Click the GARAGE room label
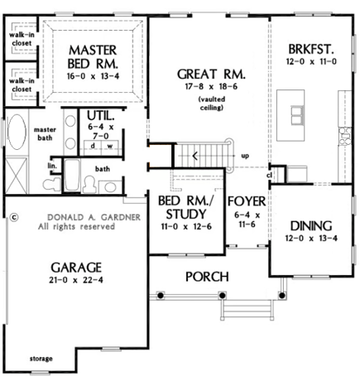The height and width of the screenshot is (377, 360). point(76,268)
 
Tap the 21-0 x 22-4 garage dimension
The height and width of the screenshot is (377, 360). point(76,280)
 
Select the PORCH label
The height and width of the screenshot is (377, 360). point(207,277)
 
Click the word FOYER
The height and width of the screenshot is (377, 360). point(247,201)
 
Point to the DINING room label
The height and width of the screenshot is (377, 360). point(311,226)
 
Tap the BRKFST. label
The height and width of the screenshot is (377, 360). point(311,50)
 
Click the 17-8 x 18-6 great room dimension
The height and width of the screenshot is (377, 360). point(211,86)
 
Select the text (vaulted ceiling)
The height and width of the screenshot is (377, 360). point(212,104)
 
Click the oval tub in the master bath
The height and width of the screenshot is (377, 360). point(17,132)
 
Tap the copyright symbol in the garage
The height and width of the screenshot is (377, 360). point(14,217)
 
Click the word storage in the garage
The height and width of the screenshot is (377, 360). point(41,359)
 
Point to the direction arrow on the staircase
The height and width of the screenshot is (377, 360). point(194,157)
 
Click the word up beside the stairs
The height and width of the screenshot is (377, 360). point(245,157)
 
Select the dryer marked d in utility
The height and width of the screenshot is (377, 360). point(93,147)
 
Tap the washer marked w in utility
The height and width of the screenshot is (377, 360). point(110,147)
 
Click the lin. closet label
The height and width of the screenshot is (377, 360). point(52,167)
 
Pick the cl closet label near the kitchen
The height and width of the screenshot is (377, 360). point(270,175)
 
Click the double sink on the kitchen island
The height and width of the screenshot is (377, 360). point(297,115)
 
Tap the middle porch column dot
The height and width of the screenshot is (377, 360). point(222,296)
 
